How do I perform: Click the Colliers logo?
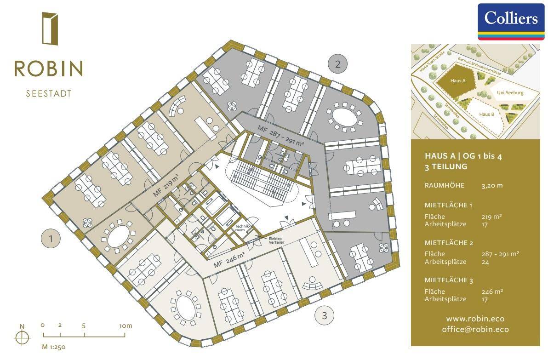point(511,22)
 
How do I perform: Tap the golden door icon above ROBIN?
point(50,29)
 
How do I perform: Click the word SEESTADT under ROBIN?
point(49,94)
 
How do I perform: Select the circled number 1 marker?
point(51,239)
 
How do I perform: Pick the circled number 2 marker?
point(337,64)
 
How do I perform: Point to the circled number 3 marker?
point(324,315)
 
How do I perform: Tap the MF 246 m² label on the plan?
point(229,260)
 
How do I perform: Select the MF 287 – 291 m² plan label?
point(280,136)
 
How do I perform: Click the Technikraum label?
point(242,228)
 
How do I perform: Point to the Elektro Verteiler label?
point(276,240)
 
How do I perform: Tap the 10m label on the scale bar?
point(126,326)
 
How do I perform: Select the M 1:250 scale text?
point(53,347)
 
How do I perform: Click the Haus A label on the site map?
point(458,81)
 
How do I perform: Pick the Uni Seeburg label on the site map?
point(510,92)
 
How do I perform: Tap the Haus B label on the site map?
point(486,114)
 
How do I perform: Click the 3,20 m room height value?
point(492,186)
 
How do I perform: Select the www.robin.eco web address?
point(475,319)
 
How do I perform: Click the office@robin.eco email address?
point(475,329)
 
